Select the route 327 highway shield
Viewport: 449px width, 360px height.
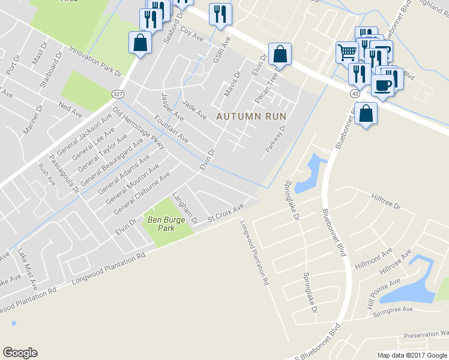(x=117, y=94)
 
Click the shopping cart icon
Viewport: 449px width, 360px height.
(x=346, y=53)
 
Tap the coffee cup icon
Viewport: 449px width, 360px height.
(x=382, y=85)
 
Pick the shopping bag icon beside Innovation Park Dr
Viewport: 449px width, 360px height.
(x=139, y=43)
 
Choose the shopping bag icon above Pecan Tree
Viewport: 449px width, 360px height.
(x=280, y=54)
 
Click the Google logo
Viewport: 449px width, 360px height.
(x=20, y=353)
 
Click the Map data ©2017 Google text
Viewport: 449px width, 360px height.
(x=411, y=355)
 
